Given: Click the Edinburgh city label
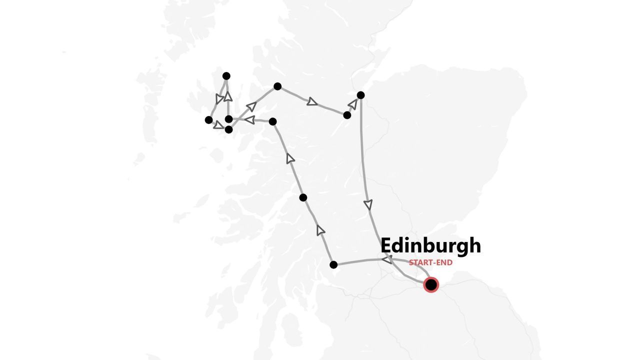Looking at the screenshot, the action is (x=430, y=245).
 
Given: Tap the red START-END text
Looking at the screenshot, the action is (x=430, y=262).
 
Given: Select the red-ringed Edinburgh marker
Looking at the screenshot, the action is (x=430, y=285).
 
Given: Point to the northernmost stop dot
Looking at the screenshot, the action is (x=226, y=76).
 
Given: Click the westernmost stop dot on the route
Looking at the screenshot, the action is (x=208, y=120).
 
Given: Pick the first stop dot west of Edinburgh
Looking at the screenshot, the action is (x=333, y=264).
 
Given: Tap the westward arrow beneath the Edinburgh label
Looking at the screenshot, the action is (x=387, y=259).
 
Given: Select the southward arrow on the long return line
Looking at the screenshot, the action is (x=368, y=204).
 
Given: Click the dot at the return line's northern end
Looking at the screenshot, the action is (x=360, y=95).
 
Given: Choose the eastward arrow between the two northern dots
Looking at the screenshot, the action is (x=312, y=101).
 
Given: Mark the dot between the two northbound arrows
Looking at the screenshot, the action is (x=303, y=197).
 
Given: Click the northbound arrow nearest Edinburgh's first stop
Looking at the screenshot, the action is (x=320, y=230).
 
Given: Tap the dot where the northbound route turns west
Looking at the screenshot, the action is (x=272, y=121).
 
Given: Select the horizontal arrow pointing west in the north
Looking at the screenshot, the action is (x=249, y=119).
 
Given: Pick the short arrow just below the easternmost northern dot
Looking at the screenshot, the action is (x=353, y=104).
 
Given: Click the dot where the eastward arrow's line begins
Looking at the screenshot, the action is (x=277, y=86).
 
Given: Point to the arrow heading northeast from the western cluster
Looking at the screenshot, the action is (x=251, y=106).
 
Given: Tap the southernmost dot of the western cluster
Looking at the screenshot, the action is (x=228, y=129).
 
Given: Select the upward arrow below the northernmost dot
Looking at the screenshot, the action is (x=228, y=96).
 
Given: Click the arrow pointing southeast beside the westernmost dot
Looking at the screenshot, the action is (x=218, y=124).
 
